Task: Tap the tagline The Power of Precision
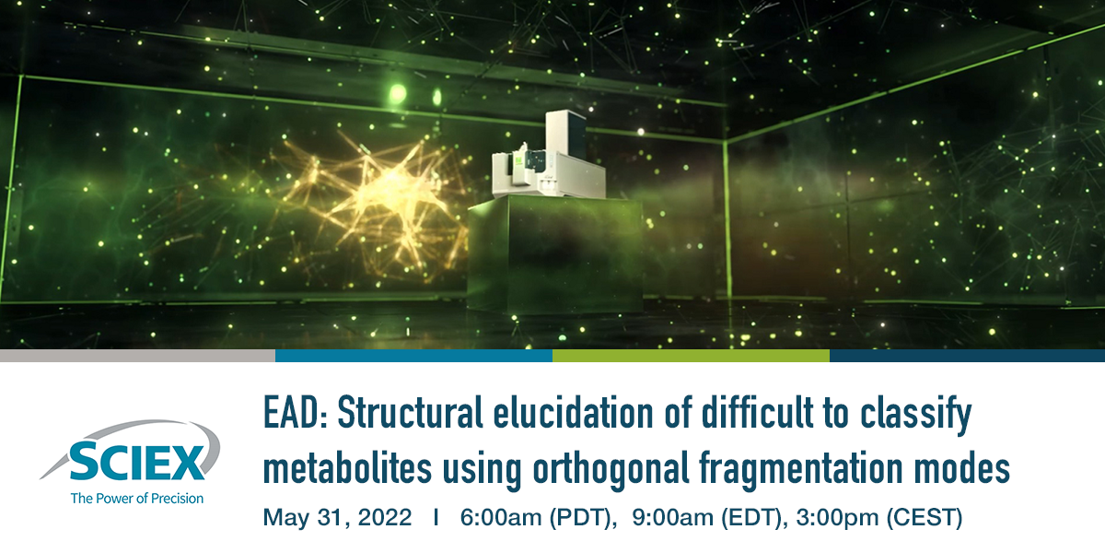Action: pos(137,498)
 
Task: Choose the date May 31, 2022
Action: pos(338,518)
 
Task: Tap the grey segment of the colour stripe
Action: pos(137,356)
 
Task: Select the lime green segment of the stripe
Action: pos(691,356)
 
